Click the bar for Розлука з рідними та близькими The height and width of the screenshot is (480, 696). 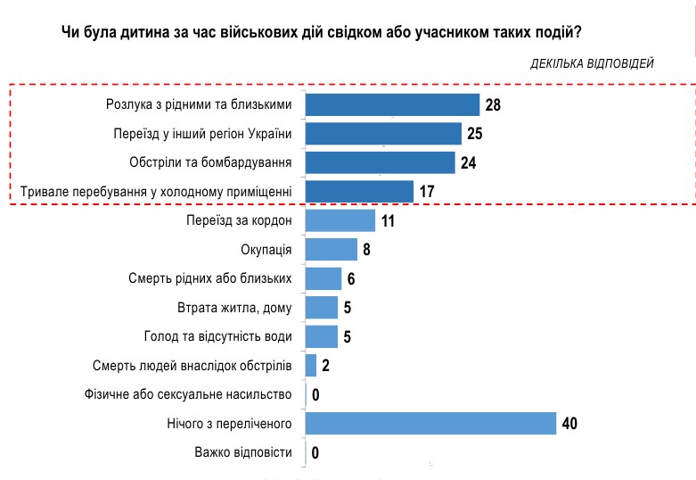tap(392, 105)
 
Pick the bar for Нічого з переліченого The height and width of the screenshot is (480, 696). tap(430, 422)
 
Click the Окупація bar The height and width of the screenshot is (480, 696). tap(332, 249)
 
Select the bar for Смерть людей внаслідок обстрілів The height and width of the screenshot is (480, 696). tap(311, 365)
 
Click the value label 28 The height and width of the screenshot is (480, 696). tap(493, 106)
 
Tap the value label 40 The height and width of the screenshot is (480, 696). tap(570, 423)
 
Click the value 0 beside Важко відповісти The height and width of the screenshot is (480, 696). tap(315, 453)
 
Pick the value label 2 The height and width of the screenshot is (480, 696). tap(325, 366)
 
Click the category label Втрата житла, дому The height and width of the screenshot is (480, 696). tap(235, 308)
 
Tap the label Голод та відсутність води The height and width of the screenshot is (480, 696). tap(218, 336)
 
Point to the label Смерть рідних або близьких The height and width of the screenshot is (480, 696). tap(211, 278)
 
